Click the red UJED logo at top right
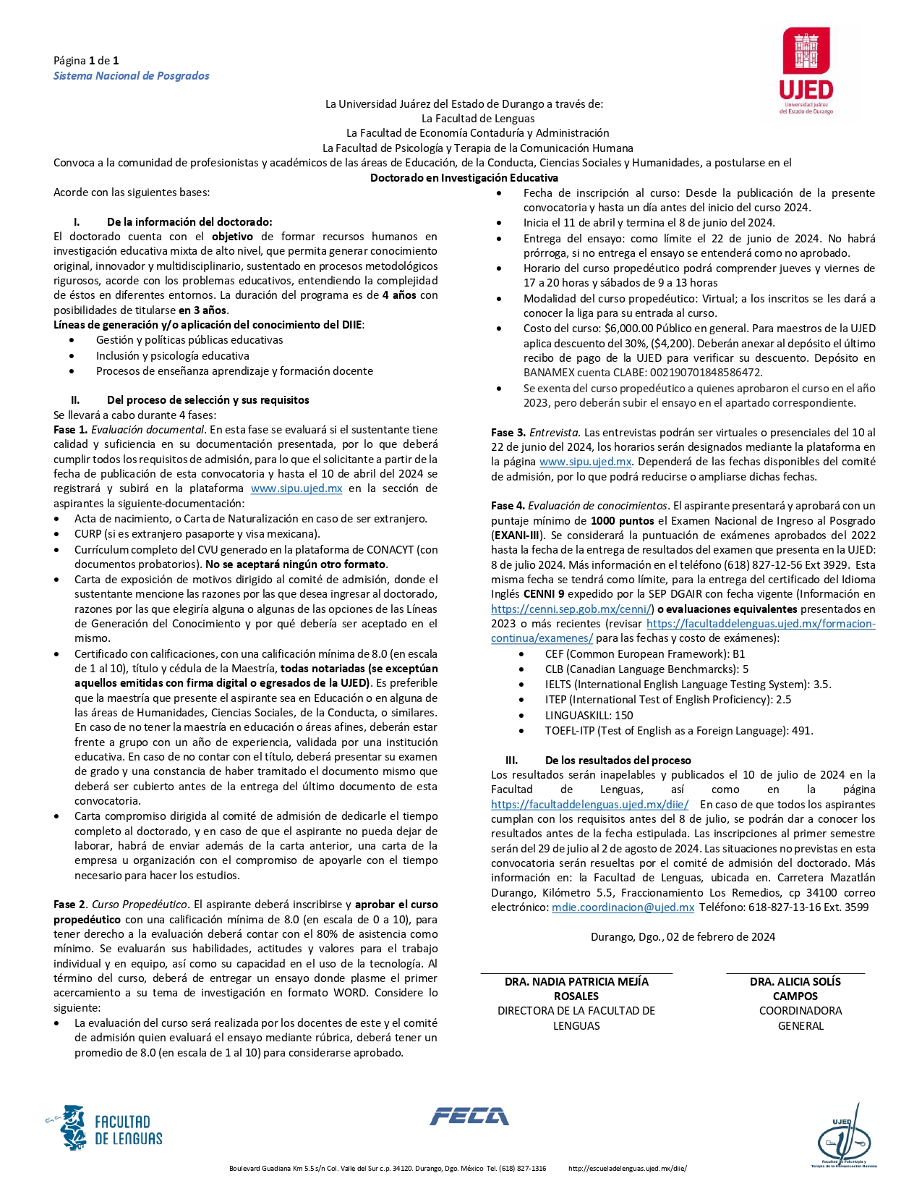(x=806, y=70)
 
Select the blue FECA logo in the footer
(x=469, y=1117)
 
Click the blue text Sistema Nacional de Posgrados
(x=131, y=76)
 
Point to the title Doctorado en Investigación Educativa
(x=464, y=178)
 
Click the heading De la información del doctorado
(x=189, y=222)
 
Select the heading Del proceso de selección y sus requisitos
(x=208, y=400)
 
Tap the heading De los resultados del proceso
(x=618, y=760)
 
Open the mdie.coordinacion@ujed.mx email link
(x=623, y=907)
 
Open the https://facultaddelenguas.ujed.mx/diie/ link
(x=589, y=804)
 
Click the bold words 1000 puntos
(x=622, y=521)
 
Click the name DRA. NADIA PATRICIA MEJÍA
(x=576, y=982)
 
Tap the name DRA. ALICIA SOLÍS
(x=795, y=982)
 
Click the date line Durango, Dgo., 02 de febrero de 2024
(x=683, y=937)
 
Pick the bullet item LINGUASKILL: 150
(x=589, y=715)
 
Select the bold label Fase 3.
(x=508, y=433)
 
